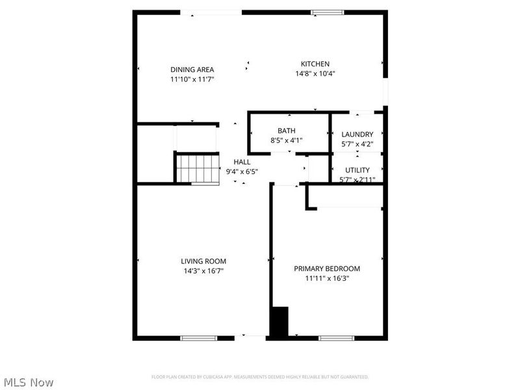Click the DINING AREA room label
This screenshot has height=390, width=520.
[192, 70]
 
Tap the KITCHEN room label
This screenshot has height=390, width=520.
[315, 64]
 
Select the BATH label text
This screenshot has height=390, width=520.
[287, 131]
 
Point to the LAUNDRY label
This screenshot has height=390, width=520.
[357, 135]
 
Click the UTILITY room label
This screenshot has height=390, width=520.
[357, 170]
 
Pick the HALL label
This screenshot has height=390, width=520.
[242, 162]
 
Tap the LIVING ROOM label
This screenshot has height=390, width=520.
[203, 261]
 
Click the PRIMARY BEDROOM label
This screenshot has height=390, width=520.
[327, 268]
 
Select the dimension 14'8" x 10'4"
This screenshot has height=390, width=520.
[315, 73]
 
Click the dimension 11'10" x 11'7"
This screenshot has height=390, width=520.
[192, 79]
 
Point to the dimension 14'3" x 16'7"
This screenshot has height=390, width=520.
[203, 270]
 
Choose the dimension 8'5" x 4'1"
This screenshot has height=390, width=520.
[287, 140]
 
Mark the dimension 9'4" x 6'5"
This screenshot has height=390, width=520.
[242, 172]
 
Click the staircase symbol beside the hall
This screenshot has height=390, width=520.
[197, 168]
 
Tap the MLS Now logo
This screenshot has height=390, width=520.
[28, 382]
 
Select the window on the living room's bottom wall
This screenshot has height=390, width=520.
[199, 338]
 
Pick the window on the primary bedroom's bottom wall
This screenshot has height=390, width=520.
[336, 338]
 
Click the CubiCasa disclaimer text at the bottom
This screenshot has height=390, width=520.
[260, 377]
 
